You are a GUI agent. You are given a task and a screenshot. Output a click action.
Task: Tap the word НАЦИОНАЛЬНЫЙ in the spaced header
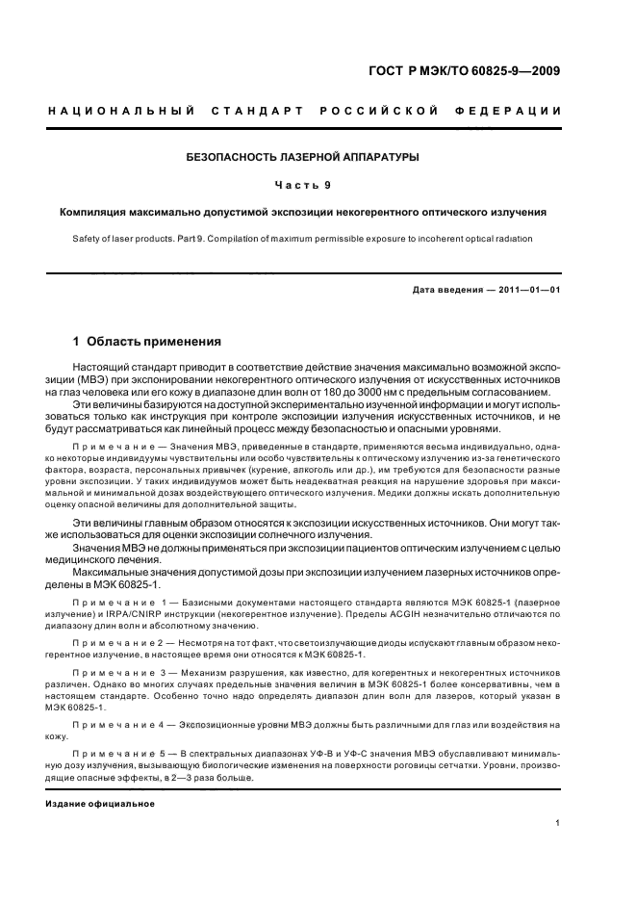pyautogui.click(x=117, y=112)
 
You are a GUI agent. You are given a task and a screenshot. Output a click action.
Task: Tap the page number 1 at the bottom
pyautogui.click(x=558, y=823)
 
